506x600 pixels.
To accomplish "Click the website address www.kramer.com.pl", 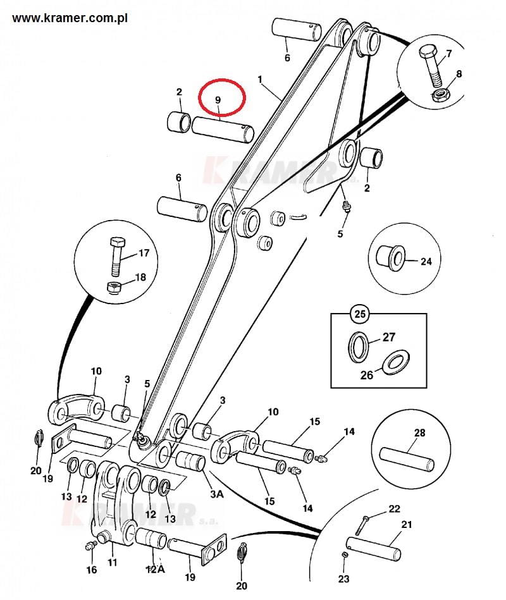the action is point(70,18).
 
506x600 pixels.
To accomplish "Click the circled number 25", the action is point(360,314).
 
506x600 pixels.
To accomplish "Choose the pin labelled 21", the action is point(374,548).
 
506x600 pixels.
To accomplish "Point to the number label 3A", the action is point(217,494).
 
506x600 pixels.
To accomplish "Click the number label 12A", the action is point(156,570).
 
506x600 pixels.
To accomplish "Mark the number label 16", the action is point(92,570).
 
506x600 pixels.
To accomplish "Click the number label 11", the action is point(112,563).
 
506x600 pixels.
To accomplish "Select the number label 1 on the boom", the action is point(260,80).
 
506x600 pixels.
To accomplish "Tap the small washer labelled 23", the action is point(345,555).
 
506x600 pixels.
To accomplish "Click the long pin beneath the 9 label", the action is point(223,130).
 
